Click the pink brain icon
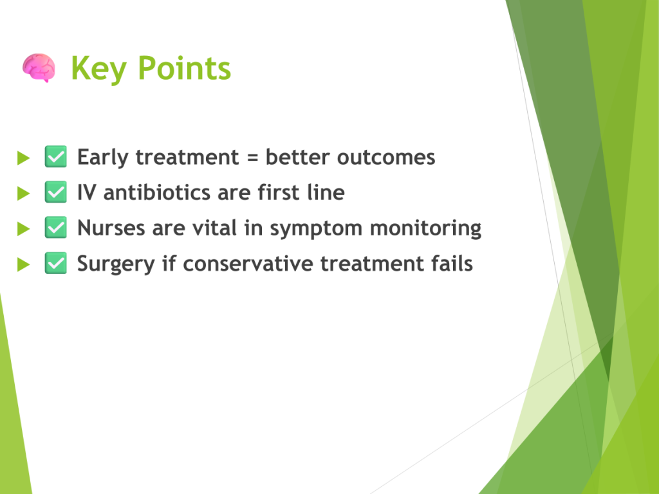[x=39, y=68]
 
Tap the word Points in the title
[x=185, y=68]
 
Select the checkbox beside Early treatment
[x=56, y=157]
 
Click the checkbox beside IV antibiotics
[x=56, y=192]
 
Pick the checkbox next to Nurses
[x=56, y=227]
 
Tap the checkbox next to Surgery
[x=56, y=263]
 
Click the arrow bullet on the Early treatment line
[x=24, y=158]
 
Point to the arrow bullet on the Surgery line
[x=24, y=264]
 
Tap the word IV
[x=87, y=192]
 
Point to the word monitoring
[x=425, y=229]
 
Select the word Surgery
[x=116, y=264]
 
